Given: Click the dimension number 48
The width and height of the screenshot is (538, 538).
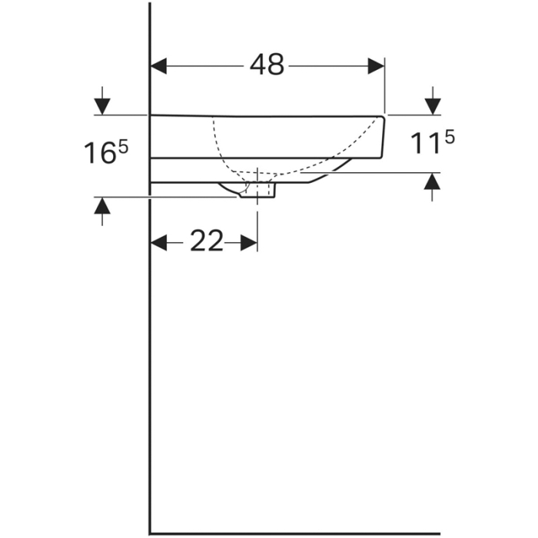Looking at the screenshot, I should tap(267, 66).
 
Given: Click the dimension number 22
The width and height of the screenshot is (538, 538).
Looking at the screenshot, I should tap(205, 242).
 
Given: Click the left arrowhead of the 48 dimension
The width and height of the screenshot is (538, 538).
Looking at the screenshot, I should tap(159, 66).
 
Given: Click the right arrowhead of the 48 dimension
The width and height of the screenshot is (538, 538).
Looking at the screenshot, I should tap(376, 66).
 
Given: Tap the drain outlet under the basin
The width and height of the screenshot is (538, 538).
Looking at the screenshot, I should tap(257, 191).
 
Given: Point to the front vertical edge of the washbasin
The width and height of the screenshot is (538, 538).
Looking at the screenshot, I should tap(382, 137).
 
